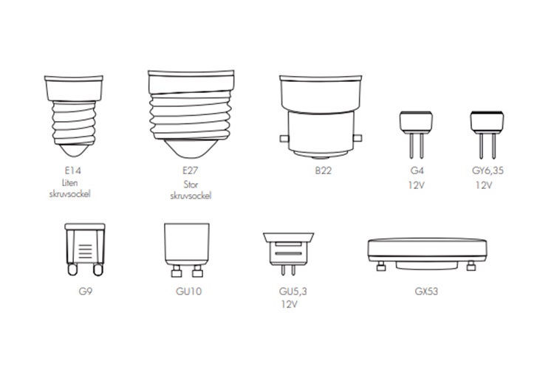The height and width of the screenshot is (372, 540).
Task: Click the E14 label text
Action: pyautogui.click(x=72, y=170)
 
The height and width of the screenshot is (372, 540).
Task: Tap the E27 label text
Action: pyautogui.click(x=191, y=170)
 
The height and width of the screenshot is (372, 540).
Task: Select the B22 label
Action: pyautogui.click(x=323, y=170)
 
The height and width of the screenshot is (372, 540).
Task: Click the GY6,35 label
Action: pyautogui.click(x=488, y=170)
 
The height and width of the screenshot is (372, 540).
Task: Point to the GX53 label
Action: pyautogui.click(x=426, y=292)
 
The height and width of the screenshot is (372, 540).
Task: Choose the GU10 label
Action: pyautogui.click(x=188, y=292)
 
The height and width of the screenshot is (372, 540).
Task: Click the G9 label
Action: pyautogui.click(x=86, y=292)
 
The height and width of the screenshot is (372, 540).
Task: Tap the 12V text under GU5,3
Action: pyautogui.click(x=289, y=304)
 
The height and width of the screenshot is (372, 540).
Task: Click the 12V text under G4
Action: pyautogui.click(x=416, y=185)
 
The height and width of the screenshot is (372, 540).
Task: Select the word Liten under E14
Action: pyautogui.click(x=69, y=183)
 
